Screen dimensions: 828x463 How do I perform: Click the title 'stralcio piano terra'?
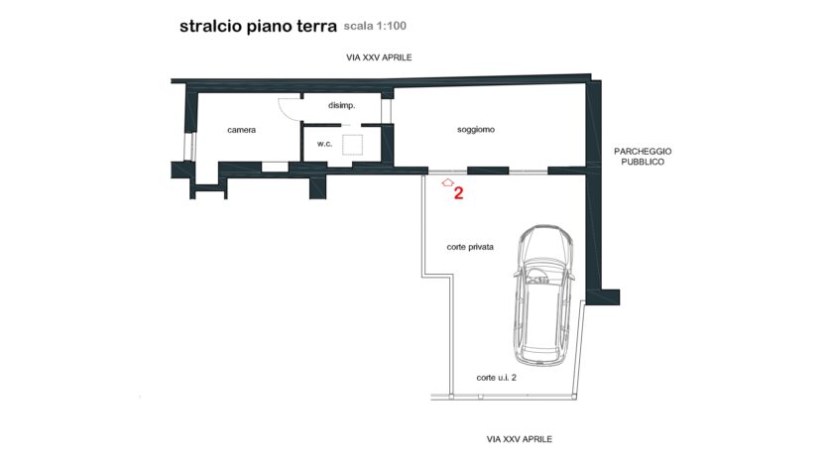point(258,27)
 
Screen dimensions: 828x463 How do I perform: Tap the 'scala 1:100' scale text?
point(375,26)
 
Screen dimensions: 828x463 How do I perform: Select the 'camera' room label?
point(241,130)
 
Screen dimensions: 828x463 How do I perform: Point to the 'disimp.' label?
point(342,105)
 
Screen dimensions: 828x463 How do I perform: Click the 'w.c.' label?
point(325,144)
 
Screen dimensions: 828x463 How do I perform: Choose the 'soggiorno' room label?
point(476,129)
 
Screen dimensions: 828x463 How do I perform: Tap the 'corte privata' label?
point(470,247)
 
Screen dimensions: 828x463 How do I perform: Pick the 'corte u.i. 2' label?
point(497,378)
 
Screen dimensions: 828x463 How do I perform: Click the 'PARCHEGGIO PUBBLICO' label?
point(643,157)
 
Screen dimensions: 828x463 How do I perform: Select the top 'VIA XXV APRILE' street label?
point(379,58)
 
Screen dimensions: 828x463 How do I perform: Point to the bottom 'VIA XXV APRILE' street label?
point(520,439)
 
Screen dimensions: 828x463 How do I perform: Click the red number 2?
point(458,193)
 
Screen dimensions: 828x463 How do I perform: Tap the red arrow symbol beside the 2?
point(448,182)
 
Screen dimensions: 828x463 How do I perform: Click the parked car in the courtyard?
point(543,295)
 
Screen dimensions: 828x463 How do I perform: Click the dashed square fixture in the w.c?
point(352,145)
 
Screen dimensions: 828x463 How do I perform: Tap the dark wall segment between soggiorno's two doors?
point(488,171)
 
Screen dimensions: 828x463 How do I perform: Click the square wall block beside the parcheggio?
point(611,297)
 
